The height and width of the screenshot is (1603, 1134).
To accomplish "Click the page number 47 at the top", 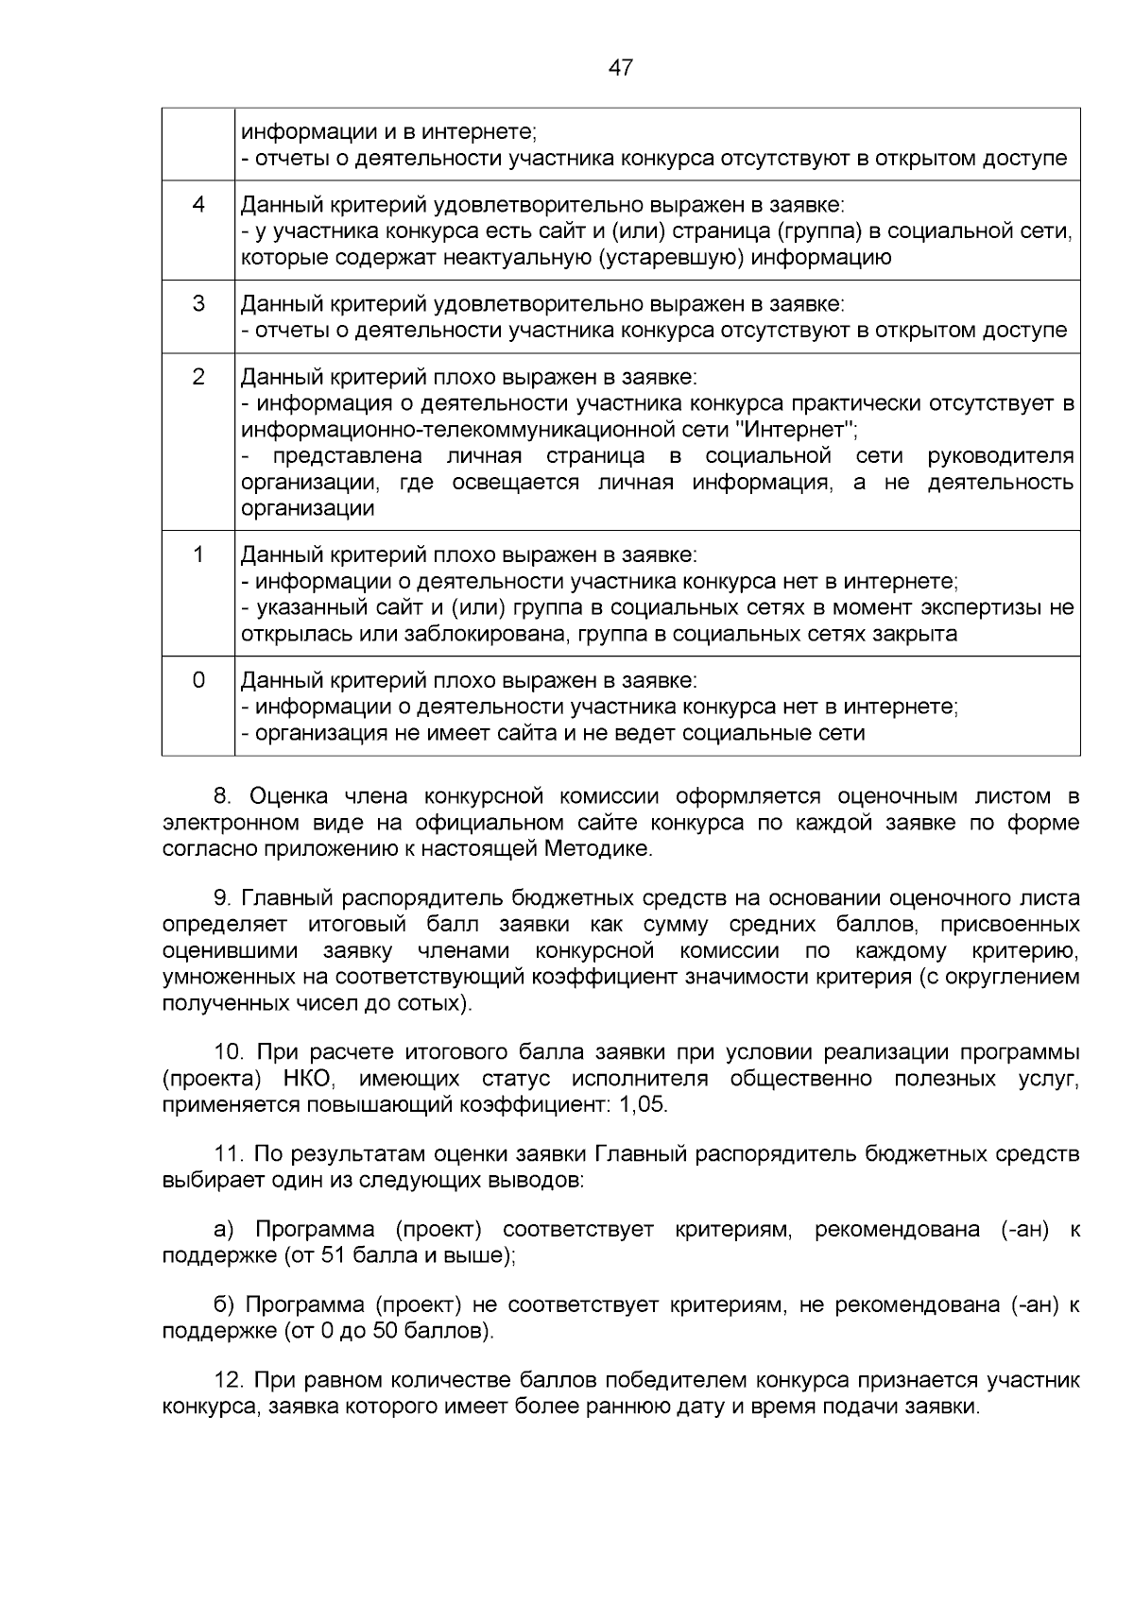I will [x=621, y=68].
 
